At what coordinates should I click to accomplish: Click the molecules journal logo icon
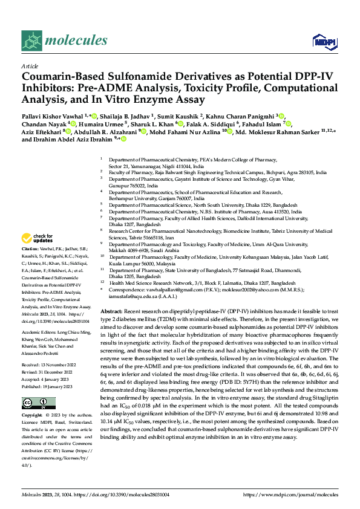tap(31, 40)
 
